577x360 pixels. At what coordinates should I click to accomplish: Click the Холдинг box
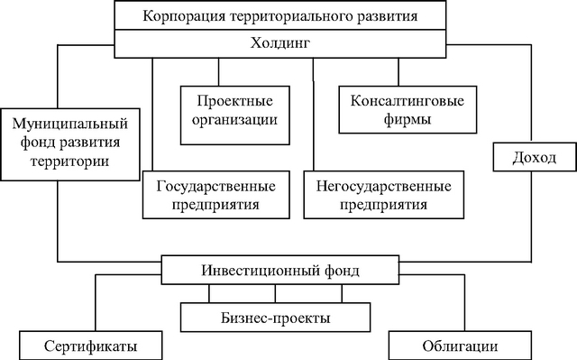[281, 42]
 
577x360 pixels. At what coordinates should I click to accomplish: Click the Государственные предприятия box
[216, 195]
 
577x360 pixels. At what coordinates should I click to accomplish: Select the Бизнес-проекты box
[275, 318]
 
